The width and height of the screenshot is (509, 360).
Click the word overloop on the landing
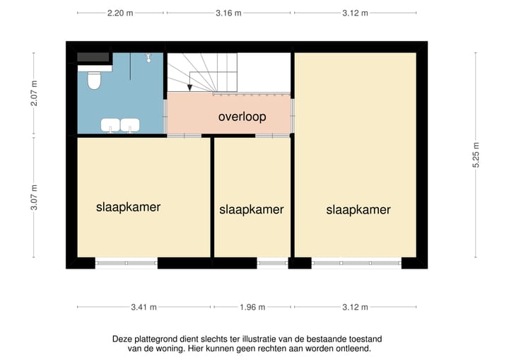[242, 117]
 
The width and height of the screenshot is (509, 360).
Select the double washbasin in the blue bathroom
[119, 125]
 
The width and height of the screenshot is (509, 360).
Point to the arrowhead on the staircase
[190, 88]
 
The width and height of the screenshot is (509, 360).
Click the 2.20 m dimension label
[120, 13]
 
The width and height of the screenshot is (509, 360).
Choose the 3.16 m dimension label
[228, 13]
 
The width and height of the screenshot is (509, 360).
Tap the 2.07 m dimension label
[33, 93]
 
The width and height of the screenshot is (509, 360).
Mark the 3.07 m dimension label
[33, 197]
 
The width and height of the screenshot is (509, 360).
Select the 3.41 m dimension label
[144, 307]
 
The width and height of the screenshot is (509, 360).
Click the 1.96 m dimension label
[252, 307]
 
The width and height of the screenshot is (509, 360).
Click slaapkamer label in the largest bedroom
[358, 209]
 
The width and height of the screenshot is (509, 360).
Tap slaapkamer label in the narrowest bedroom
[252, 209]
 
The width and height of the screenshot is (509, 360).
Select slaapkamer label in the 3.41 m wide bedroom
[128, 207]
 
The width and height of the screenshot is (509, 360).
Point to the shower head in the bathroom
[149, 57]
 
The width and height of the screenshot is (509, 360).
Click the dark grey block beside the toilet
[93, 57]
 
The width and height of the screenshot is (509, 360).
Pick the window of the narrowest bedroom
[272, 262]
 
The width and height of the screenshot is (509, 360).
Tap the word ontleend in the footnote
[351, 349]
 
